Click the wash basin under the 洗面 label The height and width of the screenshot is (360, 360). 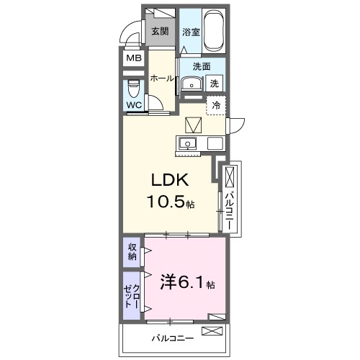(191, 84)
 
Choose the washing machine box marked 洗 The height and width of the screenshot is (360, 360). (214, 84)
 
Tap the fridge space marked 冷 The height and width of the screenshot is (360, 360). (215, 105)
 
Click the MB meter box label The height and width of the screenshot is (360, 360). (134, 58)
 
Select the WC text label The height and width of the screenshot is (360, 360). (134, 105)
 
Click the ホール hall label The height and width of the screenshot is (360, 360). (161, 78)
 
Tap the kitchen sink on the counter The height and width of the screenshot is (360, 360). (187, 142)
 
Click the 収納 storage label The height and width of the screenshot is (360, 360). (132, 252)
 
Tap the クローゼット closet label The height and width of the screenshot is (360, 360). (132, 295)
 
